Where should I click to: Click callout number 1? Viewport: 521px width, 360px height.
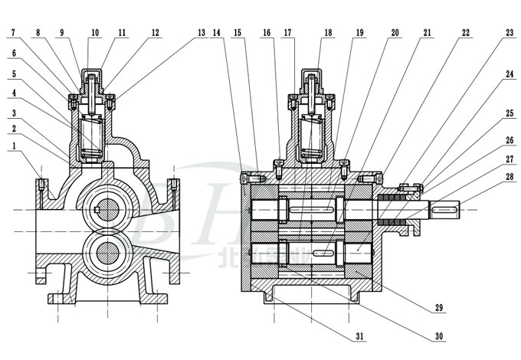(x=14, y=145)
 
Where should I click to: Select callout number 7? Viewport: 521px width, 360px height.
(x=14, y=33)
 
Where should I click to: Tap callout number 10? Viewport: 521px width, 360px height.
(x=95, y=33)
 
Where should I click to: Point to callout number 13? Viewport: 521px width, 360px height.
(x=202, y=33)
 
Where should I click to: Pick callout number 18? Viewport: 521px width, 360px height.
(x=328, y=33)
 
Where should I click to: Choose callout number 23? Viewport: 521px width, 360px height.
(x=510, y=33)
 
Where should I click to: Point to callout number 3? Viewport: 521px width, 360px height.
(x=14, y=112)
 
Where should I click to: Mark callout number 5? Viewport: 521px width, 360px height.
(x=14, y=74)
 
